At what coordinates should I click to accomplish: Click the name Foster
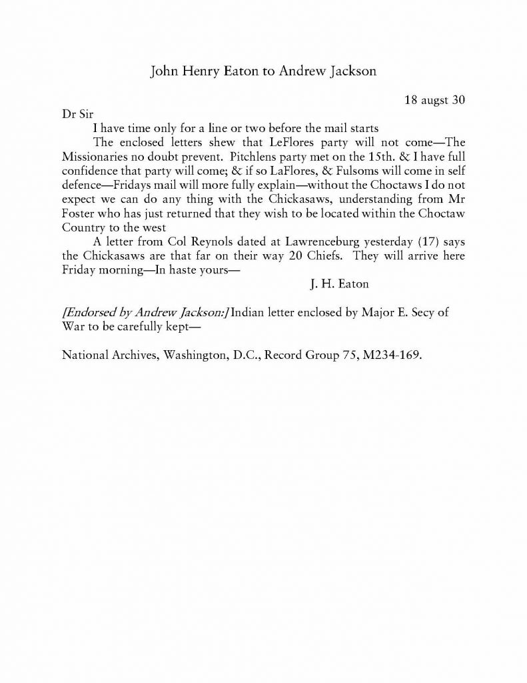[78, 213]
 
